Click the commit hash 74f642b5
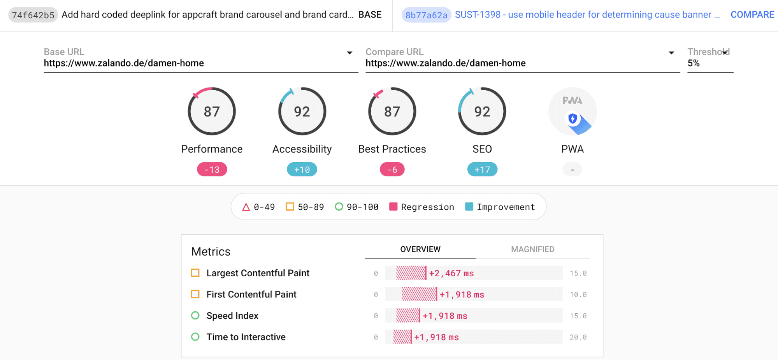click(33, 15)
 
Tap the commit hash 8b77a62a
click(426, 15)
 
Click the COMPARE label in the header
click(752, 15)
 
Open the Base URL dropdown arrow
click(349, 53)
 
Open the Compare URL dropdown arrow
click(671, 53)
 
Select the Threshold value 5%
click(694, 63)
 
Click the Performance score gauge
click(212, 111)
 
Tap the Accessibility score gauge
click(302, 111)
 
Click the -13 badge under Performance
click(212, 170)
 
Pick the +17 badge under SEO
click(482, 170)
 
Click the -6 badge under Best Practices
click(392, 170)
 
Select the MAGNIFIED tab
click(532, 249)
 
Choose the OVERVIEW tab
click(420, 249)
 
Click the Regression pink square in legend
click(393, 207)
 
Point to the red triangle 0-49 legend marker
click(246, 207)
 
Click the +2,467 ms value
click(451, 273)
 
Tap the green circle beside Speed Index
click(195, 315)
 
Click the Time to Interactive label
click(246, 337)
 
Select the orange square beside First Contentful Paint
click(195, 294)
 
